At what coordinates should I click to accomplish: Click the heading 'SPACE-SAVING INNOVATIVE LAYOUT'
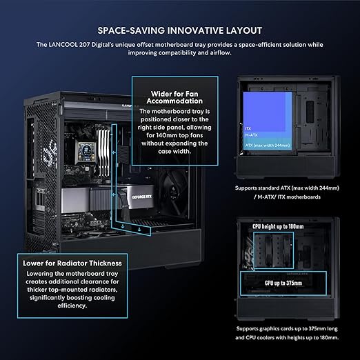(180, 30)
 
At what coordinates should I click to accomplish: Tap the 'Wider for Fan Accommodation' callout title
(174, 97)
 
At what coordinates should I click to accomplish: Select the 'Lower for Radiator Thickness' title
(72, 263)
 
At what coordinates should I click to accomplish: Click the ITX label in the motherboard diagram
(248, 128)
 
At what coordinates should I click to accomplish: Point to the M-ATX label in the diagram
(251, 135)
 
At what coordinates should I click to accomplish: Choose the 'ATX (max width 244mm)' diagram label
(268, 146)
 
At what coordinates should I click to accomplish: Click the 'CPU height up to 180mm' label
(278, 227)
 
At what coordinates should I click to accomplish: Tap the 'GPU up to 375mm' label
(283, 283)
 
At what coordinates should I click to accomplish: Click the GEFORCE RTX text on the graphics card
(141, 197)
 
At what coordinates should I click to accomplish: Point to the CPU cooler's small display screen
(87, 152)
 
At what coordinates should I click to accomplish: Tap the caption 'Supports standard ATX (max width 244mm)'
(287, 188)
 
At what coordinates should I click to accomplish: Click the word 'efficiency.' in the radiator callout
(72, 306)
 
